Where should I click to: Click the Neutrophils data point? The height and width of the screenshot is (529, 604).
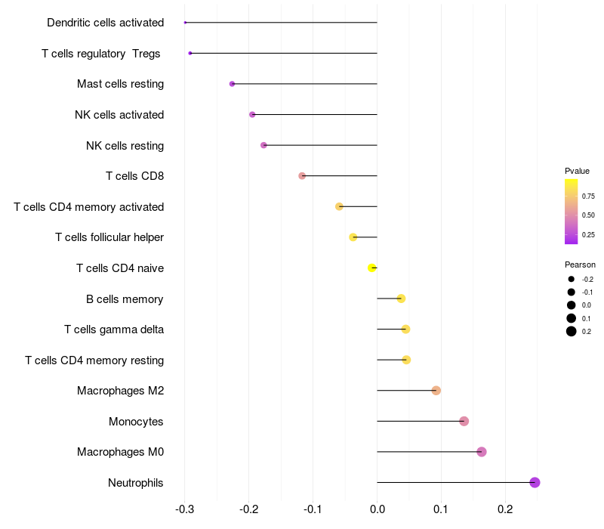coord(535,482)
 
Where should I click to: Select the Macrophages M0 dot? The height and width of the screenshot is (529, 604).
coord(482,452)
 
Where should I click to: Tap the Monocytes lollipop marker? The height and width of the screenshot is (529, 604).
coord(464,421)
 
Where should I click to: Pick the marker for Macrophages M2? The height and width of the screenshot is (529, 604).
coord(436,390)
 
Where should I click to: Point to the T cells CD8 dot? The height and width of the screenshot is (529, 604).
coord(302,176)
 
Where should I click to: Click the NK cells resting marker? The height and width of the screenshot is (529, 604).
coord(263,145)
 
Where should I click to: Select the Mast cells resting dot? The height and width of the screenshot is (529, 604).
coord(232,84)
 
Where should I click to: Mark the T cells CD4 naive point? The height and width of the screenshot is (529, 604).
coord(371,268)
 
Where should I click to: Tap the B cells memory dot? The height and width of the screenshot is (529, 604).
coord(401,299)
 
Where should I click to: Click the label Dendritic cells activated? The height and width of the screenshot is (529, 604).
coord(106,23)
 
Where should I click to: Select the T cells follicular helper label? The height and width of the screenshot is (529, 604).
coord(109,237)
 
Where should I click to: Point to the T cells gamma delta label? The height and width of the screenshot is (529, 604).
coord(114,329)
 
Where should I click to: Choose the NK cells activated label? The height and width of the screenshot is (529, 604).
coord(119,115)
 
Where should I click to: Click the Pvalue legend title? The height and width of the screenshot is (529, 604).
coord(577,171)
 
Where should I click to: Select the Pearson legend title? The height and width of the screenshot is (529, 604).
coord(580,264)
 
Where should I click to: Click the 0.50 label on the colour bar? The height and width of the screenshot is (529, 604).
coord(588,215)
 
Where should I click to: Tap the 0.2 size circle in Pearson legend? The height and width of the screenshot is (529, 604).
coord(572,331)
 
